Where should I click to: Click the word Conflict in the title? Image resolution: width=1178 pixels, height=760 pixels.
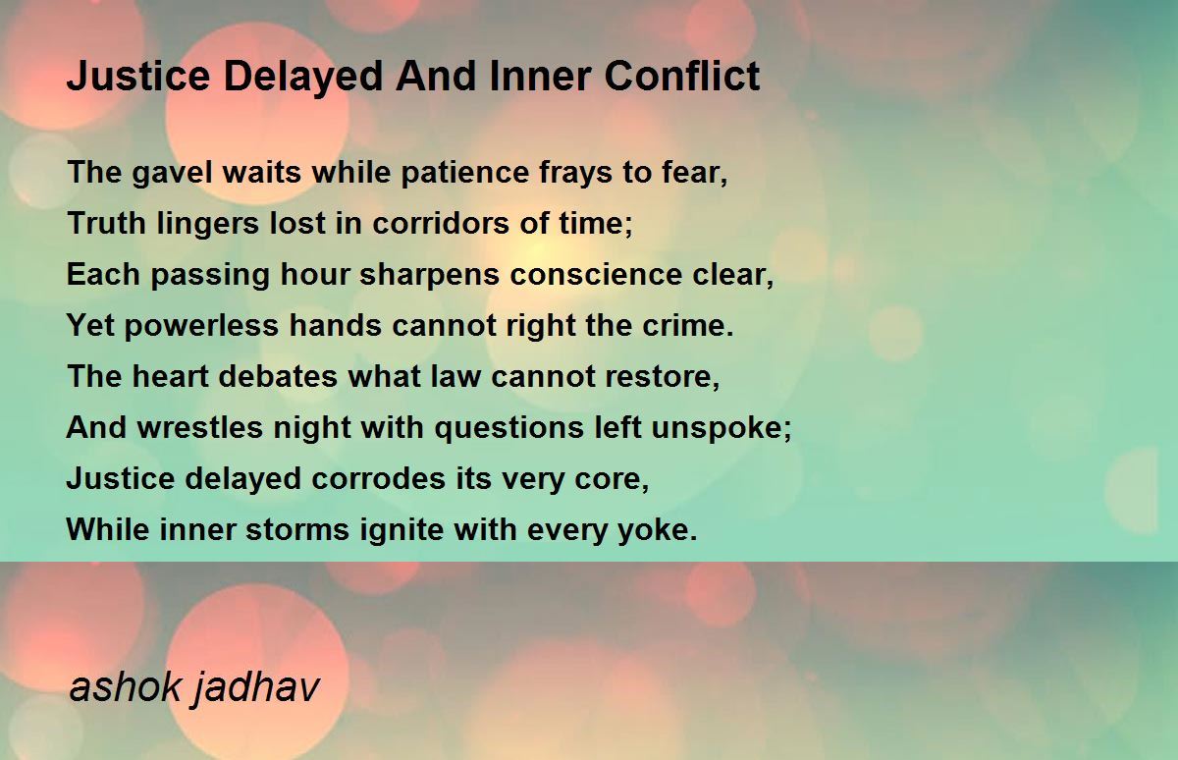682,76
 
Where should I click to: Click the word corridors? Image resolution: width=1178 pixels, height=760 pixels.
441,223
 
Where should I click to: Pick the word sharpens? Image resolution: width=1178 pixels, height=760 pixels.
430,276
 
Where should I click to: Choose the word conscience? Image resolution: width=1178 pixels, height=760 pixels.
596,274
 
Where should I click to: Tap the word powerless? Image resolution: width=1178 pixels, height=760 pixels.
201,326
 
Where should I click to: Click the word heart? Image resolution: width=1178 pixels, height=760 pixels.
171,376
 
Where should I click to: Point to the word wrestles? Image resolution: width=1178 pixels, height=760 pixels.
200,427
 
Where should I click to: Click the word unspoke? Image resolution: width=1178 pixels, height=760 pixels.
721,428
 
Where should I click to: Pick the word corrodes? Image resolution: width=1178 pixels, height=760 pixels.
379,478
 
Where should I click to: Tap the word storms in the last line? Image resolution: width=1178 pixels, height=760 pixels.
297,529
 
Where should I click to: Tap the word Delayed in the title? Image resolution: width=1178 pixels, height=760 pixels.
303,78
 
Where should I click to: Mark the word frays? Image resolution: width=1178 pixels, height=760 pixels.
576,174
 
